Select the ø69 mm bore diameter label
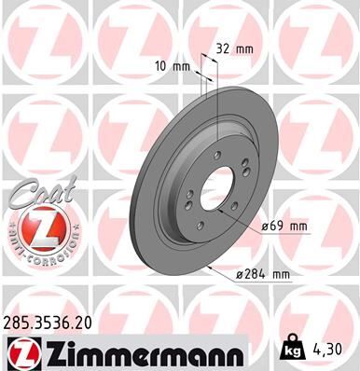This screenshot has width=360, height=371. [285, 226]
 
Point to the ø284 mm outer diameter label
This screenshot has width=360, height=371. [266, 273]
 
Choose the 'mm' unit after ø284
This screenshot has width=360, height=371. [281, 273]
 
